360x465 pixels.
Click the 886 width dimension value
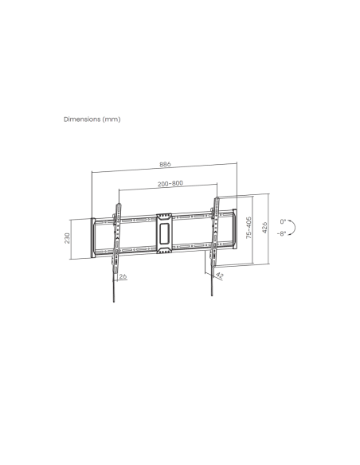coord(165,165)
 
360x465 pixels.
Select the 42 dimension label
coord(219,275)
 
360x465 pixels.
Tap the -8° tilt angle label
coord(283,235)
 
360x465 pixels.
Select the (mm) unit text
coord(112,119)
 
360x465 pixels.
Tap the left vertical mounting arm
coord(116,235)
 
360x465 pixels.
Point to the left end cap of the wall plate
coord(94,236)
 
